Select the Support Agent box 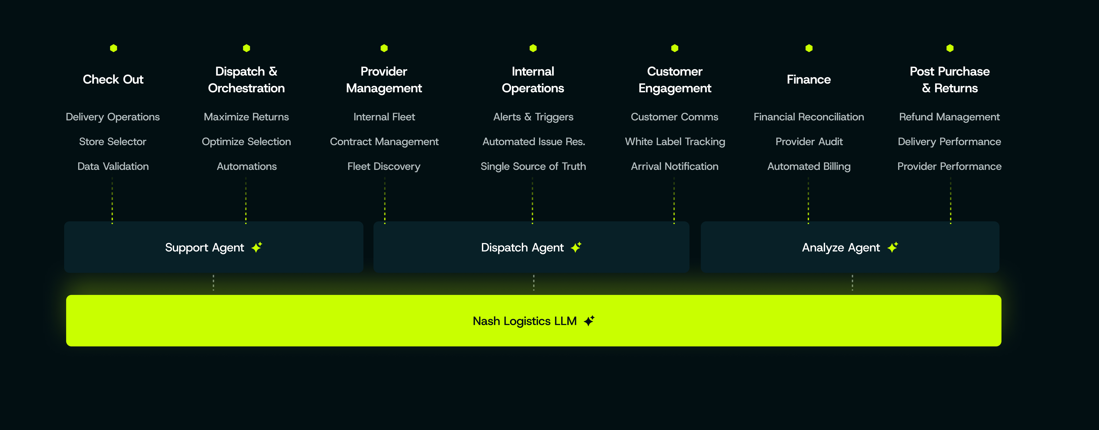pyautogui.click(x=214, y=247)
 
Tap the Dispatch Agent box pyautogui.click(x=531, y=247)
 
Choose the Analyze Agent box pyautogui.click(x=850, y=247)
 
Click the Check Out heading pyautogui.click(x=113, y=79)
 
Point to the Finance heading pyautogui.click(x=808, y=79)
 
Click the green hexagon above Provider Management pyautogui.click(x=384, y=48)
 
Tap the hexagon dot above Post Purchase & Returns pyautogui.click(x=950, y=48)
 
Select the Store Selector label pyautogui.click(x=113, y=142)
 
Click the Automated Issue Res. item pyautogui.click(x=533, y=142)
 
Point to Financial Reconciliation pyautogui.click(x=808, y=117)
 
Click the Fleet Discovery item pyautogui.click(x=384, y=167)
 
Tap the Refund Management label pyautogui.click(x=949, y=117)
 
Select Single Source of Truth pyautogui.click(x=533, y=167)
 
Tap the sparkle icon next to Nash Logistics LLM pyautogui.click(x=589, y=321)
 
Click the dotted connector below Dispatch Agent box pyautogui.click(x=534, y=283)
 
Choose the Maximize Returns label pyautogui.click(x=246, y=117)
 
